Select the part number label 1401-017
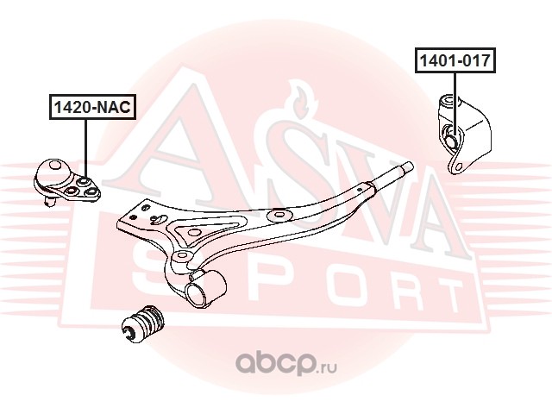coord(455,61)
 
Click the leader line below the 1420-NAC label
coord(85,147)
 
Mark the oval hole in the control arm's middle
coord(279,216)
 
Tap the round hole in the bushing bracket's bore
coord(451,135)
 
